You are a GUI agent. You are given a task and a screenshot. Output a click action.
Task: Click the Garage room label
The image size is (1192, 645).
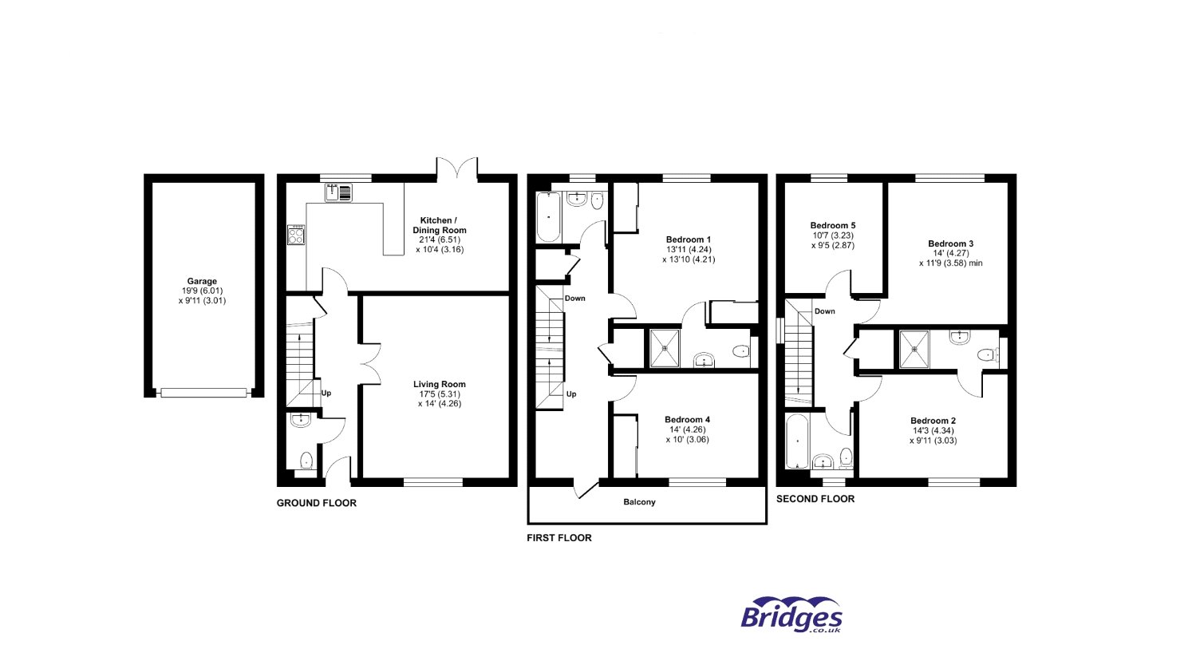point(203,291)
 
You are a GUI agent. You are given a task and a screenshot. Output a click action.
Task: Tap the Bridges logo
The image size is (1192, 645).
point(791,616)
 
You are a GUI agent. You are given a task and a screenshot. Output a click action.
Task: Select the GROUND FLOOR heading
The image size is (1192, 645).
point(316,504)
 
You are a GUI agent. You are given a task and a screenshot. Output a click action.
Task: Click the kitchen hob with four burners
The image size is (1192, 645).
point(296,235)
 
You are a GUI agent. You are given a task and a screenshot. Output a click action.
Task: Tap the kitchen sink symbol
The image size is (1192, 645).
point(339,192)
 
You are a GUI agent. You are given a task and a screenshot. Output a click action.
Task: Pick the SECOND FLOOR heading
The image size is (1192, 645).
point(815,499)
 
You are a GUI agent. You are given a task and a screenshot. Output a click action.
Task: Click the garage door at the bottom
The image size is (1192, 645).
point(203,392)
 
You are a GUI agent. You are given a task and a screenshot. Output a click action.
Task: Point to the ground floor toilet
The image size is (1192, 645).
point(306,461)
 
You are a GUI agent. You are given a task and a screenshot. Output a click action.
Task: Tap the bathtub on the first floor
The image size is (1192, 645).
point(548,217)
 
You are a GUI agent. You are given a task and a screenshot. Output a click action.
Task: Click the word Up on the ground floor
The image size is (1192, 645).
point(326,393)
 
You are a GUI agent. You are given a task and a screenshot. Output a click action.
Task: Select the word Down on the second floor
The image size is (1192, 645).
point(824,311)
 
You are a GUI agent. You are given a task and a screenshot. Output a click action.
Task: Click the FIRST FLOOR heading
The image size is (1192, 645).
point(559,538)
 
